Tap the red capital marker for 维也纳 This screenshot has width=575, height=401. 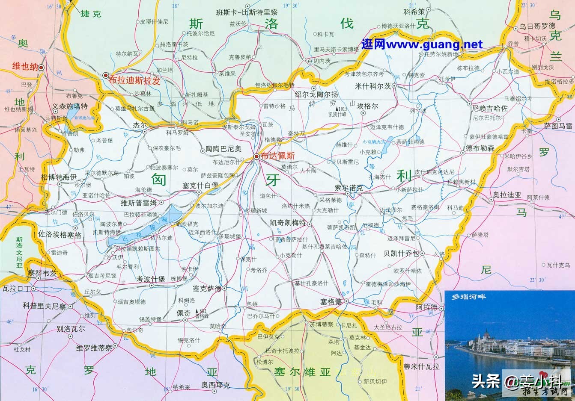(41, 67)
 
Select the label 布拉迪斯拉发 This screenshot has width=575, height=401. (134, 81)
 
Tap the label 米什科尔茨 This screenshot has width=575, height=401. (373, 86)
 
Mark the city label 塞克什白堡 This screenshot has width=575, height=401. (200, 185)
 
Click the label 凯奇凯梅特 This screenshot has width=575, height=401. (289, 223)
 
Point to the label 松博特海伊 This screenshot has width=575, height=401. (59, 177)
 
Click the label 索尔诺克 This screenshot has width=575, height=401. (349, 188)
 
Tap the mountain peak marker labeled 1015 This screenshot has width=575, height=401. (337, 109)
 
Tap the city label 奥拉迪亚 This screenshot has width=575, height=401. (507, 195)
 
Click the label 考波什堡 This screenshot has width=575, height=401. (150, 279)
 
